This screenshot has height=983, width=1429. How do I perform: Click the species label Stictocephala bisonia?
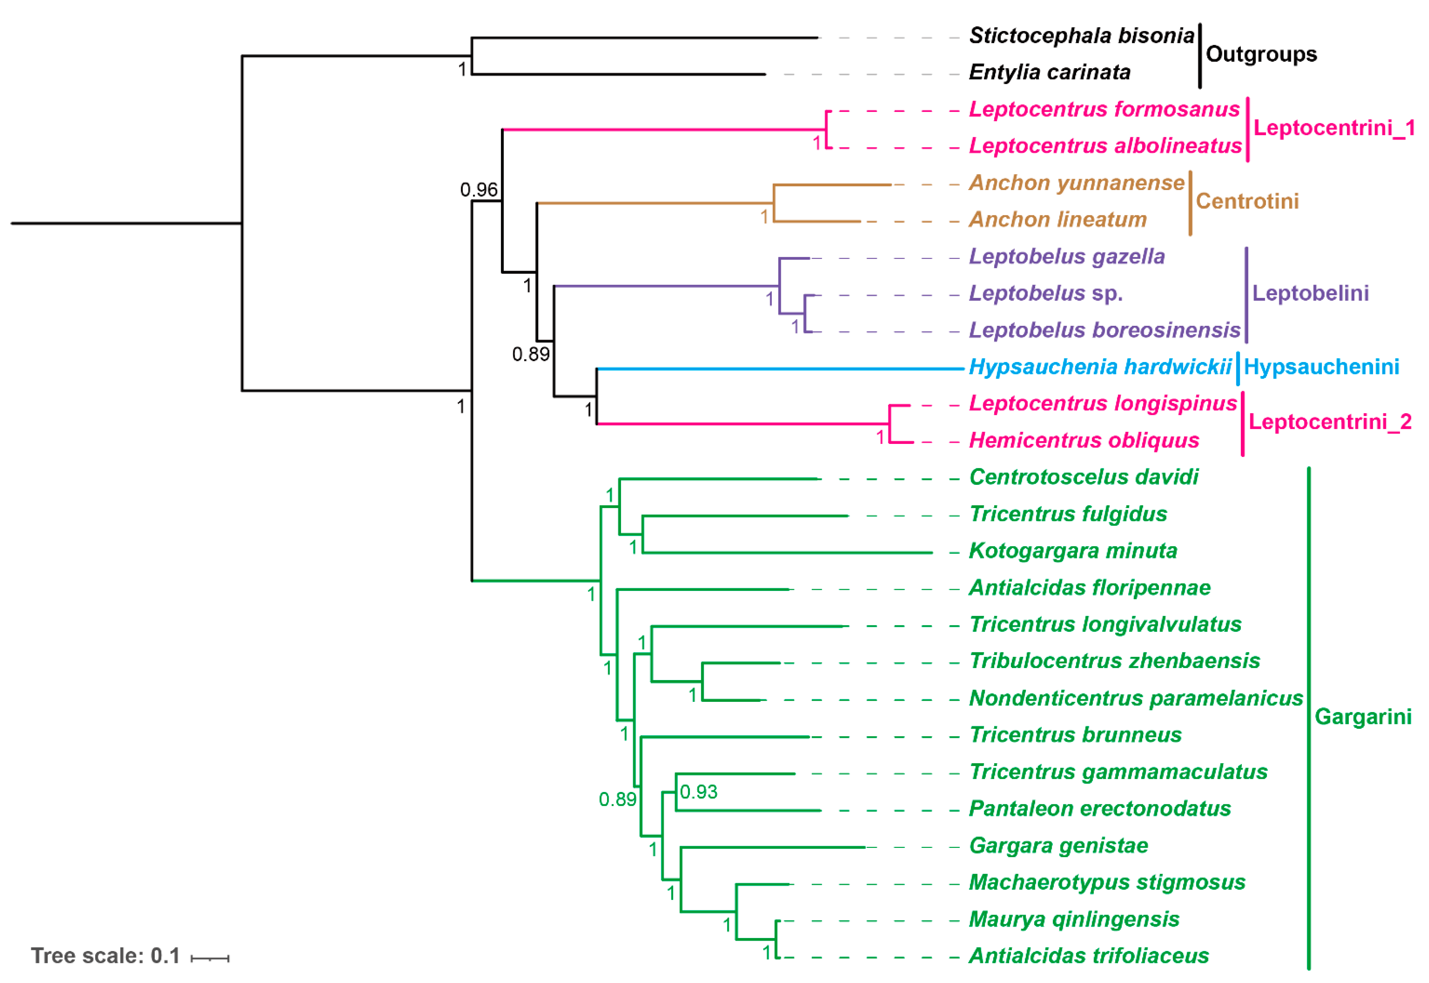click(1081, 36)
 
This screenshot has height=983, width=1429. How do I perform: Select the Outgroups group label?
click(1261, 54)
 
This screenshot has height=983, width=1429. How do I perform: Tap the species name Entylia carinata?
click(1049, 73)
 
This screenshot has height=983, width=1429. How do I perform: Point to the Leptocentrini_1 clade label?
click(1334, 128)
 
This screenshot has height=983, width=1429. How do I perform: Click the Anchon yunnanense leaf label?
click(1076, 183)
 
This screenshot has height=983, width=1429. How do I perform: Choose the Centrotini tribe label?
click(1247, 201)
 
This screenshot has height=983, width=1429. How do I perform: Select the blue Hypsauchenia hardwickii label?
click(1100, 367)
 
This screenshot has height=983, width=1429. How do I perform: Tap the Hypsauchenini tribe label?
click(1321, 367)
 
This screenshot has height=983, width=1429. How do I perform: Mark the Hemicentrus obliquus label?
click(1084, 440)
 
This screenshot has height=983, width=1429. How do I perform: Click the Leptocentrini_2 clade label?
click(1330, 422)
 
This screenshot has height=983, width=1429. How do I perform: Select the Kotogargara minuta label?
click(1073, 551)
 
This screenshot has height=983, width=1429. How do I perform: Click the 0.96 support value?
click(478, 190)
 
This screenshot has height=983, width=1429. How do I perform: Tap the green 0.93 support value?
click(698, 792)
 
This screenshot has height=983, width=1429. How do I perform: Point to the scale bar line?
click(210, 958)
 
